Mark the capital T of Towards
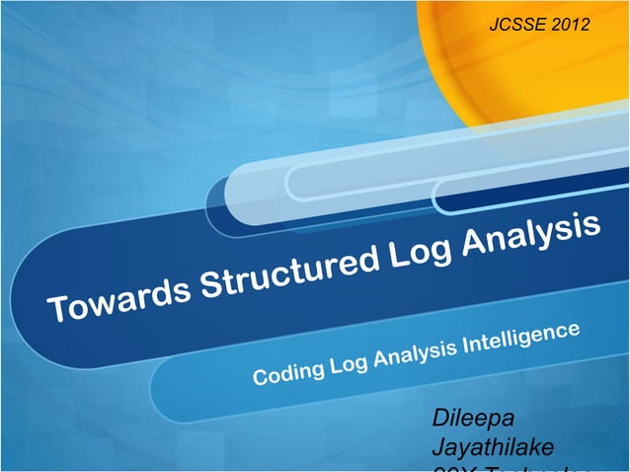pos(60,310)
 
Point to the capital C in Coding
pos(261,376)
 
